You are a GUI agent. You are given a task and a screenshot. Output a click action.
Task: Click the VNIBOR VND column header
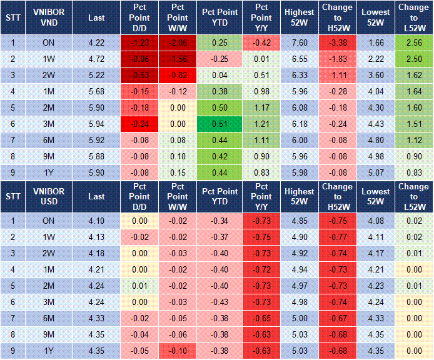tap(49, 18)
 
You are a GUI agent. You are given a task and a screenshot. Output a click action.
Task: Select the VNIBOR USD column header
tap(49, 196)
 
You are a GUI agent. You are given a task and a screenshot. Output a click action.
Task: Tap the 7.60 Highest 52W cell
tap(298, 42)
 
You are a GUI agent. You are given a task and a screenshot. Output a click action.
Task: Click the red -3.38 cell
tap(338, 42)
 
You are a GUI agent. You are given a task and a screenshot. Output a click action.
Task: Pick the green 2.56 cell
tap(413, 42)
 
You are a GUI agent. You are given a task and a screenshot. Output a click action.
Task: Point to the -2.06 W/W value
tap(178, 42)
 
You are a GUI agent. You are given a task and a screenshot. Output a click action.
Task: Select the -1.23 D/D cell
tap(140, 42)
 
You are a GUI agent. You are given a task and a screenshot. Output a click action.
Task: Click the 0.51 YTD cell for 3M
tap(219, 124)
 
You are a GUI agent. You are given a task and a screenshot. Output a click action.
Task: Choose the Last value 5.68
tap(96, 91)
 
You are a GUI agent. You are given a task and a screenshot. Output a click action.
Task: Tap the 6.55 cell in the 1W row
tap(298, 59)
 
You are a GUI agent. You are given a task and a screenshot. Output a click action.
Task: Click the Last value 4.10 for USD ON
tap(96, 221)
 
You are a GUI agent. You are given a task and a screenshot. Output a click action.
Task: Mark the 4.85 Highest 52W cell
tap(298, 221)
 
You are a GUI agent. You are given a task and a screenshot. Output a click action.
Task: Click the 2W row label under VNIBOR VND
tap(49, 75)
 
